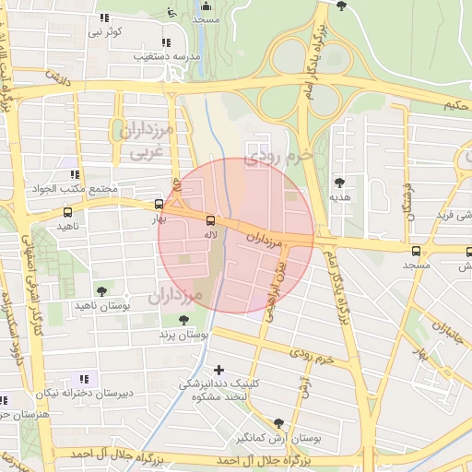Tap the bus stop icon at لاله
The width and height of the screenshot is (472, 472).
tap(211, 220)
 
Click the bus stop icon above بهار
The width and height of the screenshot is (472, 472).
tap(159, 205)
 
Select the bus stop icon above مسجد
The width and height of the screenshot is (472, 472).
tap(417, 250)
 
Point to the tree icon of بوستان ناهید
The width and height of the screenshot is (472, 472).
tap(101, 290)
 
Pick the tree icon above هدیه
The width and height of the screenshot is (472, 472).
tap(340, 183)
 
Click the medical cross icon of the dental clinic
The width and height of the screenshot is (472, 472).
tap(218, 370)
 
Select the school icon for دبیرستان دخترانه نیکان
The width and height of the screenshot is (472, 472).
tap(84, 378)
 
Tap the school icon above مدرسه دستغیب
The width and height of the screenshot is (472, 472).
tap(166, 41)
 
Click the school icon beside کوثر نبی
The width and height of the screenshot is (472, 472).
tap(103, 18)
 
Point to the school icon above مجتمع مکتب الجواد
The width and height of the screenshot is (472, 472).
tap(74, 173)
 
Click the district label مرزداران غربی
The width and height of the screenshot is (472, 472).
tap(144, 140)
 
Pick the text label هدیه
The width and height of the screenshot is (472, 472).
tap(340, 197)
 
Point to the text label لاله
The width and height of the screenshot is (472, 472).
tap(211, 235)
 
